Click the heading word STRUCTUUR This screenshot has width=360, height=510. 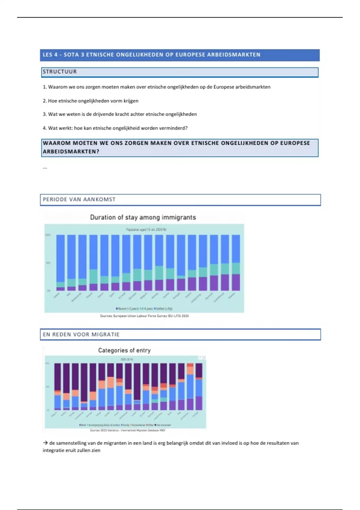pos(60,72)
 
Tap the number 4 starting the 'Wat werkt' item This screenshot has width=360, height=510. pos(44,128)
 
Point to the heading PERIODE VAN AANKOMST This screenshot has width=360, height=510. pos(79,199)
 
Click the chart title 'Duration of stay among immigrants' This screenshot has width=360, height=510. pos(143,217)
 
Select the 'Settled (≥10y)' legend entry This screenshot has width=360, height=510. pos(163,308)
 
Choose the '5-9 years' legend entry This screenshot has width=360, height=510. pos(147,308)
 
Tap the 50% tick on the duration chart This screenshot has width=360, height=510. pos(48,263)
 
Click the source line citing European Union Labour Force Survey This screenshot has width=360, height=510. pos(144,316)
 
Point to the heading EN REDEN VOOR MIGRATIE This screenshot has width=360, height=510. pos(81,334)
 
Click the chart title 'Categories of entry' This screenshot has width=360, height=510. pos(124,350)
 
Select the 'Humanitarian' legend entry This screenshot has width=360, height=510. pos(138,425)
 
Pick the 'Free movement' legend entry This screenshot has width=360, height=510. pos(164,425)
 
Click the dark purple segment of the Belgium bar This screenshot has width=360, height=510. pos(57,376)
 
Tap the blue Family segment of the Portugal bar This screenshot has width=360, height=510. pos(199,388)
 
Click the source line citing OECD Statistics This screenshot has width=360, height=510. pos(127,430)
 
